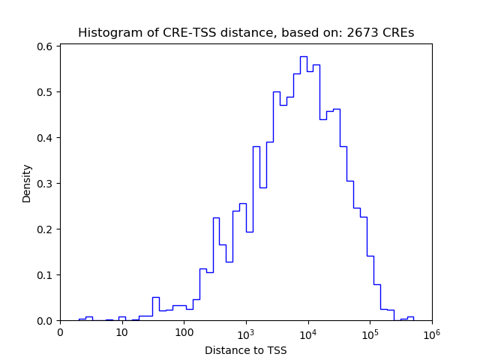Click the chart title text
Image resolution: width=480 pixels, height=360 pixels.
[x=246, y=33]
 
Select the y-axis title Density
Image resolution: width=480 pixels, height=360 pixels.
[x=27, y=183]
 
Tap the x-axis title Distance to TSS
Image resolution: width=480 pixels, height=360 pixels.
[x=246, y=350]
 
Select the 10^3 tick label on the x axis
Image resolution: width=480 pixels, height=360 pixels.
[x=246, y=332]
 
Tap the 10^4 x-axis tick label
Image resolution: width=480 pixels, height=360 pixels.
[x=307, y=332]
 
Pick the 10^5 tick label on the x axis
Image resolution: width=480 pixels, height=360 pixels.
[x=370, y=332]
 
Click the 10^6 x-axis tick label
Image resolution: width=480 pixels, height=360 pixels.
[x=431, y=332]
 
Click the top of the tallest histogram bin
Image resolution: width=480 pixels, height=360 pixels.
[x=303, y=57]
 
